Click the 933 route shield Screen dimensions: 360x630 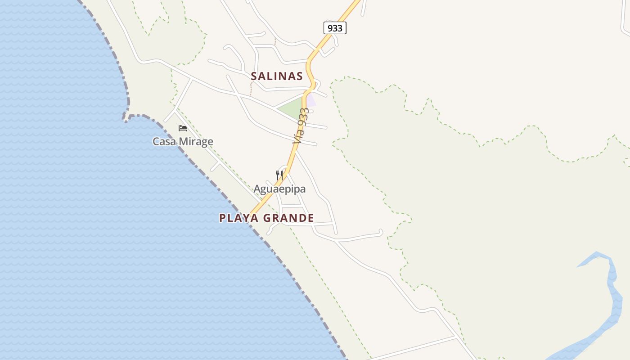(335, 28)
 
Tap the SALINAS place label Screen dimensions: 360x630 (277, 76)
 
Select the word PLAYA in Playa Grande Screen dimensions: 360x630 (239, 218)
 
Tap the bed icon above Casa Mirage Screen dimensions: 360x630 (183, 128)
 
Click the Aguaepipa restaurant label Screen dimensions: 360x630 (279, 189)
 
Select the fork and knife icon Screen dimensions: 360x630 (279, 175)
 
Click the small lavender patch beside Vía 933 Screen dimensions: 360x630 (311, 99)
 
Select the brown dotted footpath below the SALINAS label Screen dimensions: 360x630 (251, 88)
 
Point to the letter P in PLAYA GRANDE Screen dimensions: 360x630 (222, 218)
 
